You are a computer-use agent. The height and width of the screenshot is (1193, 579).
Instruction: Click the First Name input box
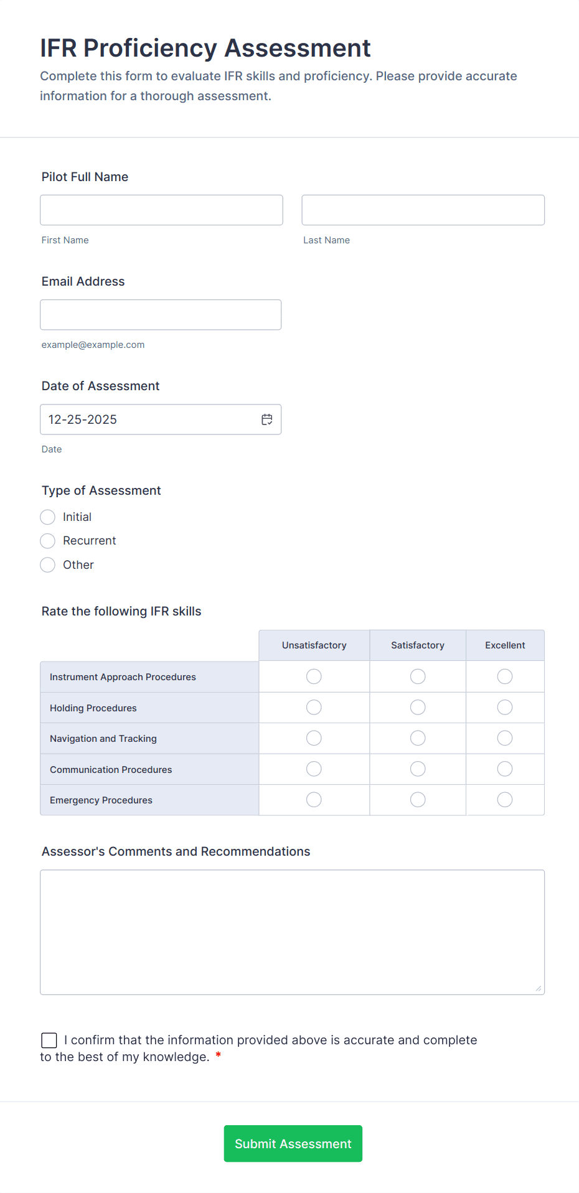point(161,210)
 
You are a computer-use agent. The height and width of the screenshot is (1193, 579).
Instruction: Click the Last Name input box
point(423,210)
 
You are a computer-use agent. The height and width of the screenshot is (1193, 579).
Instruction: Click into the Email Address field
point(161,315)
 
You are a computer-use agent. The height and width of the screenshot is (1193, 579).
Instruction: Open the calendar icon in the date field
point(267,419)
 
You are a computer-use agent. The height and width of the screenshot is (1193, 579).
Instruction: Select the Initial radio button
point(48,517)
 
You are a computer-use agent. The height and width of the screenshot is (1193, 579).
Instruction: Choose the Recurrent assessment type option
point(48,541)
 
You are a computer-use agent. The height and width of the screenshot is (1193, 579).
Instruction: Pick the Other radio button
point(48,565)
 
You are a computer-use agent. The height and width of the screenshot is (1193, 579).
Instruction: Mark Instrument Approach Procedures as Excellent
point(505,676)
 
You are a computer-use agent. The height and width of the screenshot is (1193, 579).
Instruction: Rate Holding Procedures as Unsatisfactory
point(314,708)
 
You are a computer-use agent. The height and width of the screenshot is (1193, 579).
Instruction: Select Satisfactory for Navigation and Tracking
point(418,738)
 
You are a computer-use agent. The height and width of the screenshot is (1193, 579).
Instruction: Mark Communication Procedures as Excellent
point(505,769)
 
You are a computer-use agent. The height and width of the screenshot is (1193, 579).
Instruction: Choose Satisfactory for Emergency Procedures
point(418,800)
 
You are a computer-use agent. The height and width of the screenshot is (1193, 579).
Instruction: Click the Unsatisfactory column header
point(314,645)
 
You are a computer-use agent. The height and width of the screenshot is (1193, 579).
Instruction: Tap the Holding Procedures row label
point(93,708)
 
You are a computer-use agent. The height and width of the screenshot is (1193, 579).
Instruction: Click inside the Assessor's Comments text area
point(292,932)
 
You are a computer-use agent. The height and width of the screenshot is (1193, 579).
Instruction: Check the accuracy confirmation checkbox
point(49,1040)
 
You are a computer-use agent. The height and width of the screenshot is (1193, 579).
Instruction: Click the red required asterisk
point(218,1055)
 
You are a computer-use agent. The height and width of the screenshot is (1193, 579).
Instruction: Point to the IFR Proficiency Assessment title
point(205,48)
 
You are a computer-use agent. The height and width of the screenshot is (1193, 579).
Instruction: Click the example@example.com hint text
point(93,345)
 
